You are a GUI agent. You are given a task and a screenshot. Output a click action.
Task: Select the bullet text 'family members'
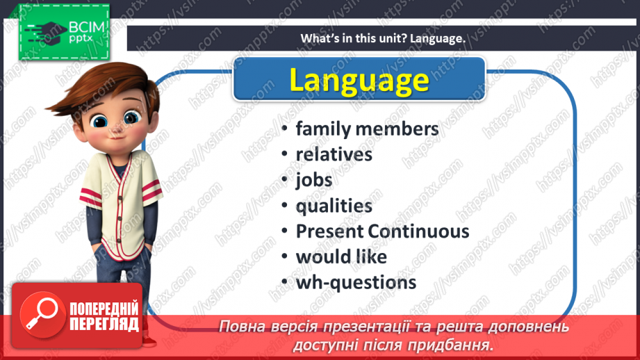point(367,129)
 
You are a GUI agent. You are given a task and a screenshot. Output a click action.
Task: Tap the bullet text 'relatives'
point(334,154)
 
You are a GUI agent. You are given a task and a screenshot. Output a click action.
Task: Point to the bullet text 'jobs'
point(314,180)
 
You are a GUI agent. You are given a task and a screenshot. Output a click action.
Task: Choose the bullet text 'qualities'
point(334,206)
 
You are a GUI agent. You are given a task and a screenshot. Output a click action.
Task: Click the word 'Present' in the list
point(330,231)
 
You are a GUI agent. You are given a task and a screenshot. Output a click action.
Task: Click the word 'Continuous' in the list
point(418,231)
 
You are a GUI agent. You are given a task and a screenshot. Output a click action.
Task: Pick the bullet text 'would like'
point(341,256)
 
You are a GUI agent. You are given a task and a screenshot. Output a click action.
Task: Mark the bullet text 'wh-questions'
point(356,282)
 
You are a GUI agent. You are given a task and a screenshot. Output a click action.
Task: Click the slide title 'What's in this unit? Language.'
point(383,38)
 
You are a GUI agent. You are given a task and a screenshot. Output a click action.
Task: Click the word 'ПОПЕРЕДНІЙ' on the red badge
point(104,309)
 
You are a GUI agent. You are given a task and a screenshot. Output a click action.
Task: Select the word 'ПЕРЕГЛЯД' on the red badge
point(104,324)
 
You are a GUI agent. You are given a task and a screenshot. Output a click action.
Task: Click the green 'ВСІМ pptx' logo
point(64,32)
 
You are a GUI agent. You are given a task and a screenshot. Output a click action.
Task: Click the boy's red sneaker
point(149,341)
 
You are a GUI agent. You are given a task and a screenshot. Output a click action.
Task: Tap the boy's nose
point(117,130)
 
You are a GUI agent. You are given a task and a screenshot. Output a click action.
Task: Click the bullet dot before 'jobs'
point(285,180)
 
